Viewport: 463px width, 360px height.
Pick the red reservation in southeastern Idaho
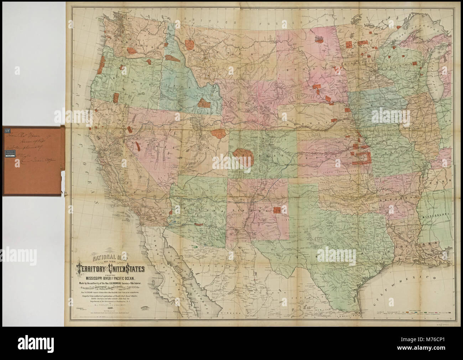[204, 103]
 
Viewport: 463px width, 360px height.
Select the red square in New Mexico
[278, 209]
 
